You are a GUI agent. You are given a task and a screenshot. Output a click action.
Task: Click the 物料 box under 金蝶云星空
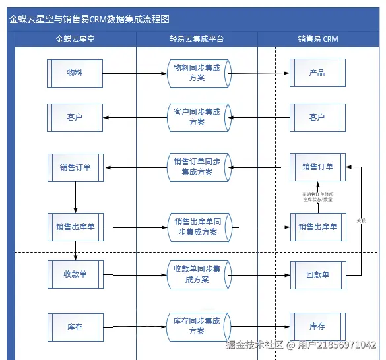[75, 73]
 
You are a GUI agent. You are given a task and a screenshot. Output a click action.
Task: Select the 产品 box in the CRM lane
[317, 73]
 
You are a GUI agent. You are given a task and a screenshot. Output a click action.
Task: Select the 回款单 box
[317, 274]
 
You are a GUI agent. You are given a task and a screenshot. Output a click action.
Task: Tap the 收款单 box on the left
[75, 274]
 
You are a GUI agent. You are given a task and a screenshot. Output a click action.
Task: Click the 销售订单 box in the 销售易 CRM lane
[317, 167]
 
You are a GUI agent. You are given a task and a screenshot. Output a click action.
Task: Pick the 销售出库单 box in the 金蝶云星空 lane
[75, 227]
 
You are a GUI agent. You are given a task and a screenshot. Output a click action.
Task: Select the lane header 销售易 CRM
[317, 39]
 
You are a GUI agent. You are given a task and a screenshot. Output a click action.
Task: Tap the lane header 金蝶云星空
[75, 39]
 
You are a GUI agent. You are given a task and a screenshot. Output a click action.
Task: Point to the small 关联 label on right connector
[360, 220]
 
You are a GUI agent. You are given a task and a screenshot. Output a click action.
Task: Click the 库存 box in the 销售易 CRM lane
[317, 326]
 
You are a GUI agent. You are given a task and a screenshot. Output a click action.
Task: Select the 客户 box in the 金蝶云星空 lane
[75, 117]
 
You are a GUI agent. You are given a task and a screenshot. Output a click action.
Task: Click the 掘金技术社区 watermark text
[254, 345]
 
